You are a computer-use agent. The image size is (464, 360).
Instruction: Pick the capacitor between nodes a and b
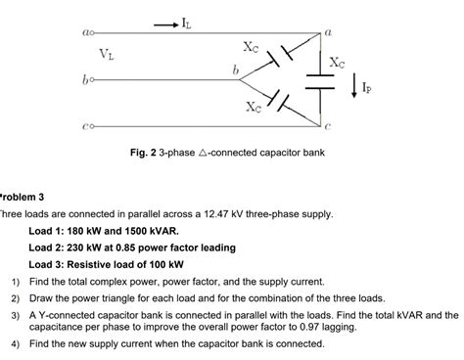(x=281, y=56)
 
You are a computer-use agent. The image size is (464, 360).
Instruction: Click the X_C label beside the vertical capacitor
(x=336, y=62)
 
